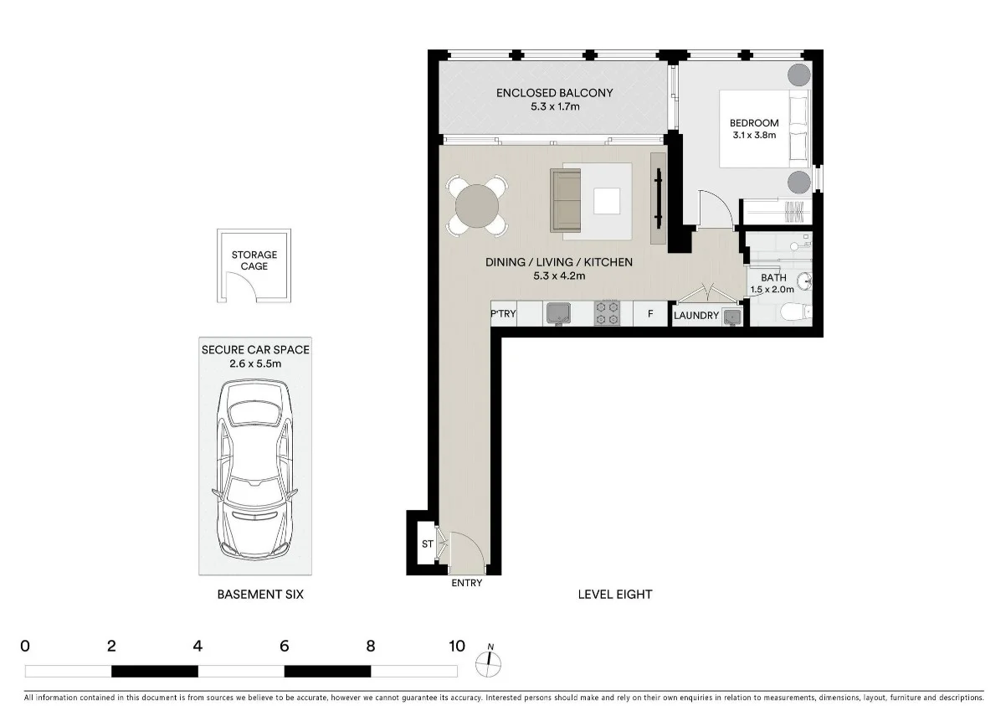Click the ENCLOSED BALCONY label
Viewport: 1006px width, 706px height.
pyautogui.click(x=554, y=93)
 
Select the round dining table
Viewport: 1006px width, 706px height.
pyautogui.click(x=476, y=204)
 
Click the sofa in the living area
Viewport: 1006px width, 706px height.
pyautogui.click(x=566, y=201)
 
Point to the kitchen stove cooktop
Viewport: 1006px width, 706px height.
pyautogui.click(x=608, y=313)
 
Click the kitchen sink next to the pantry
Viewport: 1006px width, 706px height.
pyautogui.click(x=557, y=313)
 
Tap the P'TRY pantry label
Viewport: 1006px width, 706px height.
pyautogui.click(x=504, y=314)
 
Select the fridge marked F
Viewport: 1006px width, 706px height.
pyautogui.click(x=649, y=314)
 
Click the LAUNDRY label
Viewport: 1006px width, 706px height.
pyautogui.click(x=695, y=316)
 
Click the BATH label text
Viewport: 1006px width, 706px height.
pyautogui.click(x=773, y=278)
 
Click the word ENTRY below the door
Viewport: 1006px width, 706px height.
pyautogui.click(x=466, y=583)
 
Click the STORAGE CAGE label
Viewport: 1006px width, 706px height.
pyautogui.click(x=254, y=260)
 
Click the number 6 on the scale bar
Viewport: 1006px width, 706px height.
pyautogui.click(x=285, y=646)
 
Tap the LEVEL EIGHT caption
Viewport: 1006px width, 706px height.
pyautogui.click(x=614, y=595)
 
